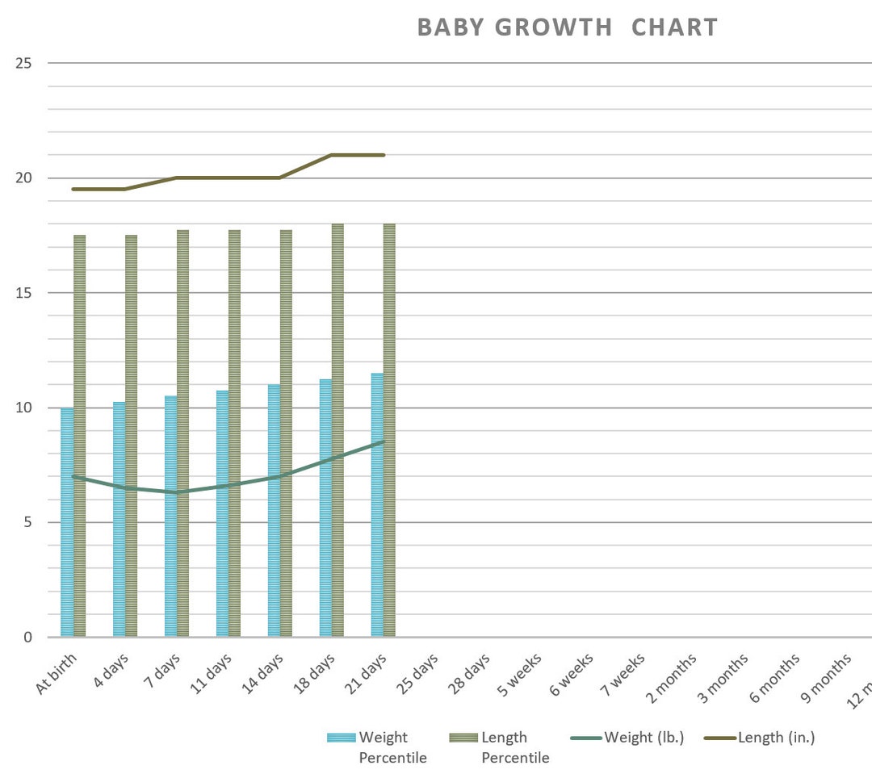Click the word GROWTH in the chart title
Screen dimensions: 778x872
pos(553,27)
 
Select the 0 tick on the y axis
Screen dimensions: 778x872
pos(27,638)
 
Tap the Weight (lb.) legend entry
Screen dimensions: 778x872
pos(627,738)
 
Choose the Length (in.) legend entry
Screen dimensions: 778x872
pos(763,738)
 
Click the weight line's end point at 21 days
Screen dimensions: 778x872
pos(384,441)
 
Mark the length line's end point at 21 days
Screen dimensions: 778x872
pos(384,155)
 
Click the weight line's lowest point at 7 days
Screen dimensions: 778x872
pos(176,492)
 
